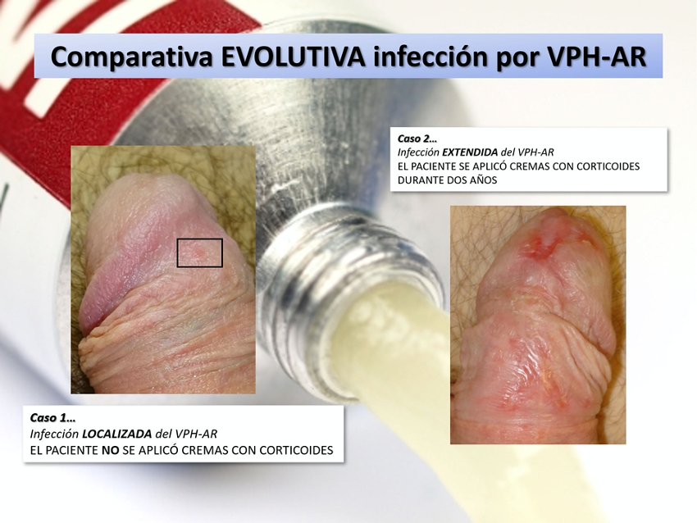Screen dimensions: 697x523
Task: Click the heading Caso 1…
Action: pyautogui.click(x=53, y=418)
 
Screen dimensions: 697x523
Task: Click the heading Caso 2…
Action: pyautogui.click(x=417, y=139)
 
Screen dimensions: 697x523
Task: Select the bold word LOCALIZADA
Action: pyautogui.click(x=117, y=434)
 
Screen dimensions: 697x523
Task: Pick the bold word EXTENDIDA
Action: pyautogui.click(x=470, y=152)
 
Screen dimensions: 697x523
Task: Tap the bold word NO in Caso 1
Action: pyautogui.click(x=110, y=450)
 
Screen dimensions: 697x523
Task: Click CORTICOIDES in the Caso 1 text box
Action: pyautogui.click(x=296, y=450)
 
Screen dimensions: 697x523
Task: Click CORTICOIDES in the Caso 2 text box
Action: pyautogui.click(x=608, y=166)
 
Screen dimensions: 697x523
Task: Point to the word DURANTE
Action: pyautogui.click(x=417, y=180)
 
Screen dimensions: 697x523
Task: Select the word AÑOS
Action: pyautogui.click(x=484, y=180)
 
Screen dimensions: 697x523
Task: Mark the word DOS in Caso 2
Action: pyautogui.click(x=454, y=180)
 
